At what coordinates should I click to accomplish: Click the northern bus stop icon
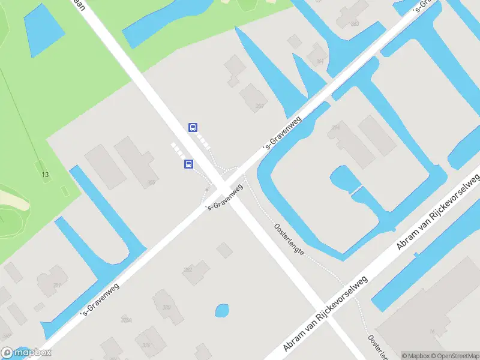[193, 127]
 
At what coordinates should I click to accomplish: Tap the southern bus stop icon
[188, 164]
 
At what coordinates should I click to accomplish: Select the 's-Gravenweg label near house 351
[101, 299]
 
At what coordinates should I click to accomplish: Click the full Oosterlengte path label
[289, 240]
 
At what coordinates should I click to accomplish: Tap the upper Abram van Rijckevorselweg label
[439, 211]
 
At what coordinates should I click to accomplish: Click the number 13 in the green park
[44, 175]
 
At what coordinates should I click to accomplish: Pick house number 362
[259, 106]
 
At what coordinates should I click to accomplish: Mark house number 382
[187, 270]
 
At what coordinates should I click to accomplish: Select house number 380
[166, 307]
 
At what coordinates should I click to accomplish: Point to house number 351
[58, 285]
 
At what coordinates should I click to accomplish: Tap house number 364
[336, 127]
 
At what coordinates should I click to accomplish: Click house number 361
[320, 61]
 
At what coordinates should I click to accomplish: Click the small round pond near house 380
[222, 311]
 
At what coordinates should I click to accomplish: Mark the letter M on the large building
[432, 331]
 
